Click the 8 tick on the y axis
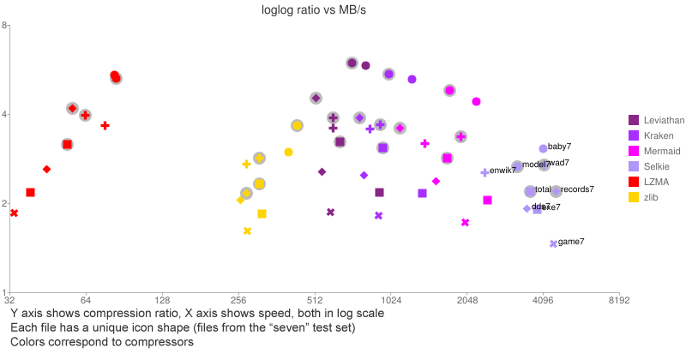pos(5,26)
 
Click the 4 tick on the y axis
pos(5,115)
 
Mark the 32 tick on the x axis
pos(10,301)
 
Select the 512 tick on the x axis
pos(315,301)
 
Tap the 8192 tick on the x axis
pos(619,301)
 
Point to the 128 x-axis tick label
pos(162,301)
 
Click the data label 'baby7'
pos(560,147)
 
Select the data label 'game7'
pos(571,243)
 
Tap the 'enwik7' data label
pos(503,171)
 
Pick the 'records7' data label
pos(577,189)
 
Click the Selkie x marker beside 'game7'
pos(553,244)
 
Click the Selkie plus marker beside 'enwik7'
pos(484,172)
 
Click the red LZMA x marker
pos(14,213)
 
